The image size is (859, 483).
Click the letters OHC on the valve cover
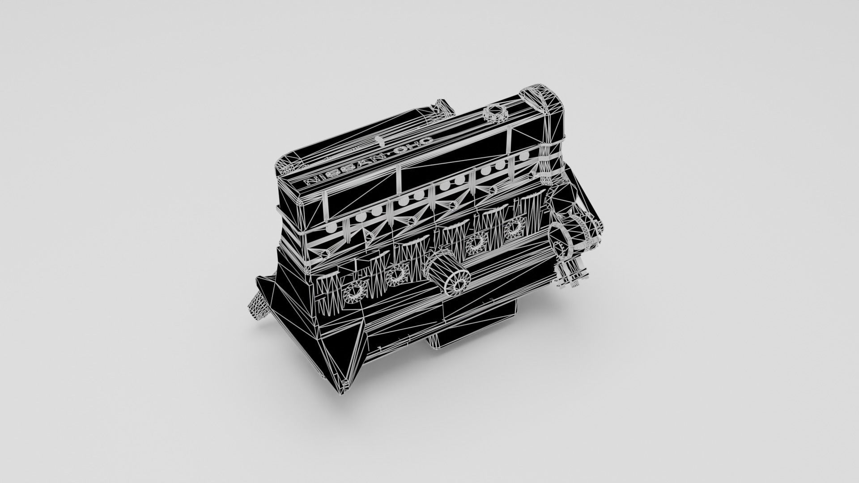pyautogui.click(x=414, y=146)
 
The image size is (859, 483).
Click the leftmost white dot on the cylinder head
pyautogui.click(x=332, y=228)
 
